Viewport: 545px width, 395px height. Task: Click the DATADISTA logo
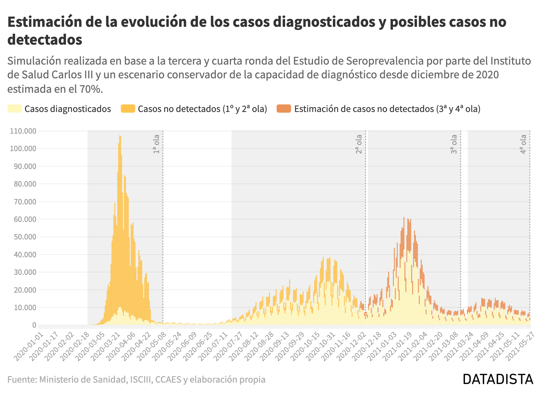[x=498, y=379]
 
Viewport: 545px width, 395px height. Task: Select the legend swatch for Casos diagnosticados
[x=15, y=109]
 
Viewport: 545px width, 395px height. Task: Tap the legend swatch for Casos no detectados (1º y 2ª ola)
[x=128, y=109]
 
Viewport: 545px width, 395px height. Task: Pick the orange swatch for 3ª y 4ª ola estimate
[x=284, y=109]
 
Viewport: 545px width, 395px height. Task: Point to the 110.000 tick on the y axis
[x=23, y=131]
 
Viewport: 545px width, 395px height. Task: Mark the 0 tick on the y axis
[x=34, y=325]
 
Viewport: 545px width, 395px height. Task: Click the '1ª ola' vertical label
[x=156, y=144]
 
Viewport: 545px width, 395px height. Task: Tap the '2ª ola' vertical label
[x=359, y=144]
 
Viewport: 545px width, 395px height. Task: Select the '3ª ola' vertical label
[x=454, y=144]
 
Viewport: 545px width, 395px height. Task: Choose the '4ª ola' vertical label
[x=523, y=144]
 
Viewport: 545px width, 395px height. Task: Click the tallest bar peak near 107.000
[x=120, y=137]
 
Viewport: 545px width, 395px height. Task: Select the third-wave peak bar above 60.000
[x=404, y=218]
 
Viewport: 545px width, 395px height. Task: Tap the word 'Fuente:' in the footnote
[x=22, y=380]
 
